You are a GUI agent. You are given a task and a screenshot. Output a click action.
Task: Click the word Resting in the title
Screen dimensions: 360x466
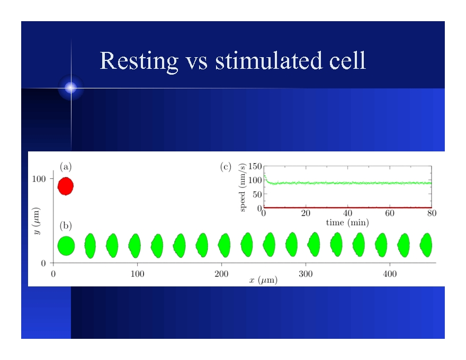pos(139,61)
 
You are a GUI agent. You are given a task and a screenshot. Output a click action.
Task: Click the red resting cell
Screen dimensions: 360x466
pos(65,186)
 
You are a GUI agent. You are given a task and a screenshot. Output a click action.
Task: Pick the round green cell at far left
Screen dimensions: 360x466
pos(66,246)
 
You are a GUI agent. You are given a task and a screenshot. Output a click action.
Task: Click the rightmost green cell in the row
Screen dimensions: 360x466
pos(426,245)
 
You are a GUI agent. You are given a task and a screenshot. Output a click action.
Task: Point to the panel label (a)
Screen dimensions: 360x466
pos(66,166)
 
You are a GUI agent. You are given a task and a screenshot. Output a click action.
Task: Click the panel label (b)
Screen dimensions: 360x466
pos(66,226)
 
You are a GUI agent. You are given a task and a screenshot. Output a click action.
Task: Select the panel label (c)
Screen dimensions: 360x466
pos(226,166)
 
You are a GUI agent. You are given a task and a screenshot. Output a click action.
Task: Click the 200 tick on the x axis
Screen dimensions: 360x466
pos(221,274)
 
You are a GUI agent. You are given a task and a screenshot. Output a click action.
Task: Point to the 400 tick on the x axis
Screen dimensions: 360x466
pos(389,274)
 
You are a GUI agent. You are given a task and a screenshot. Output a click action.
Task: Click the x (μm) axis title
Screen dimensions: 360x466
pos(263,280)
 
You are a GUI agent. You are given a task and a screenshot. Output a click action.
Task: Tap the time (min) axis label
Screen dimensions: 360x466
pos(347,223)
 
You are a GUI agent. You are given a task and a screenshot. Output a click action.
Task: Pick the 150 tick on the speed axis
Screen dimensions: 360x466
pos(255,166)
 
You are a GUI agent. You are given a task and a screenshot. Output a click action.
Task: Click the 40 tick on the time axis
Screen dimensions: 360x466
pos(348,213)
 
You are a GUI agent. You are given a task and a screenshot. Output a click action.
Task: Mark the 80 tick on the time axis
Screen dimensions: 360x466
pos(432,213)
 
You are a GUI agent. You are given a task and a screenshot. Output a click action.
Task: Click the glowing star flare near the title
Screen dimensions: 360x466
pos(71,88)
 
